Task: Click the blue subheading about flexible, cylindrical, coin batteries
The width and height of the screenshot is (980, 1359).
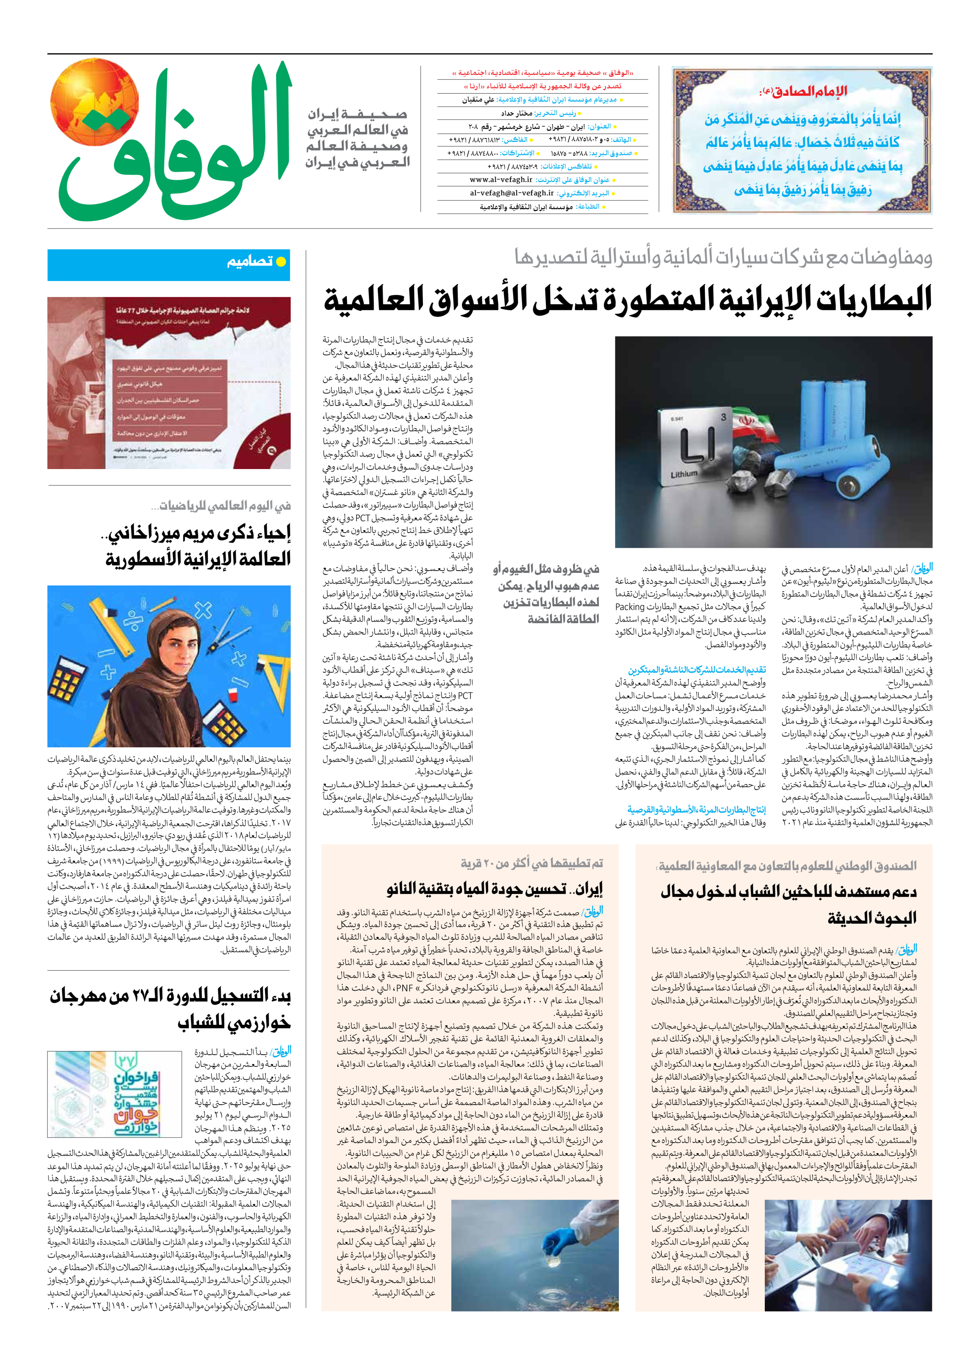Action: (697, 810)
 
